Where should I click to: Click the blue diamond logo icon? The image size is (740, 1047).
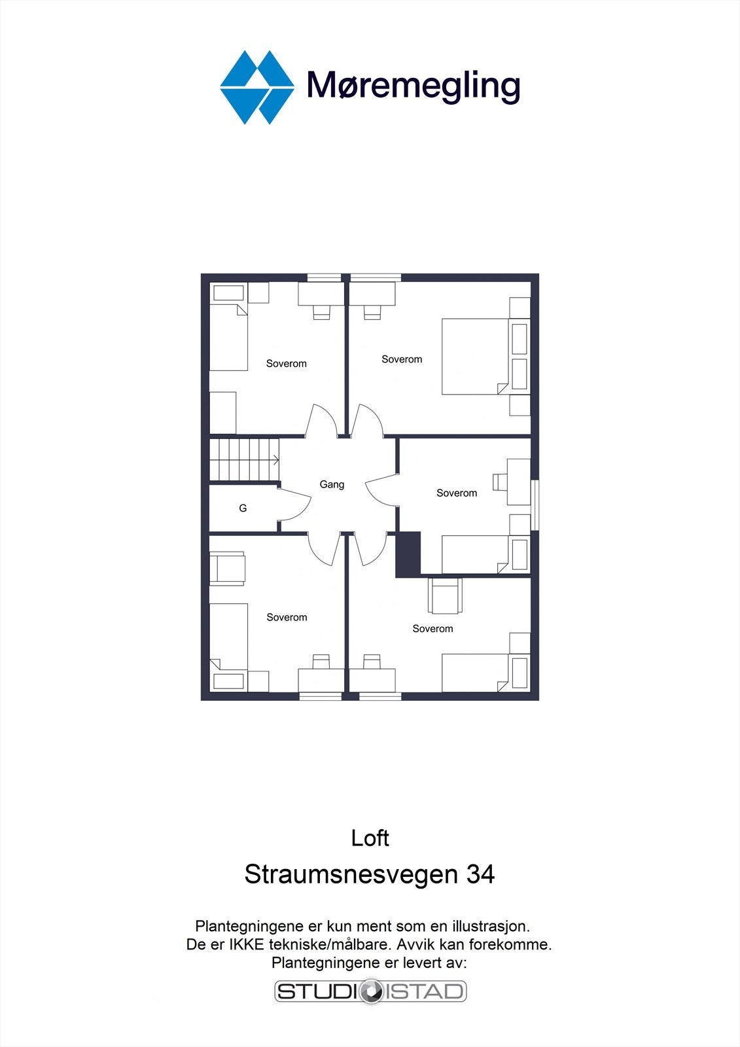click(x=256, y=87)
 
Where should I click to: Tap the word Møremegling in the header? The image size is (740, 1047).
click(x=414, y=86)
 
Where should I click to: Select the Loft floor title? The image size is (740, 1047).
click(x=370, y=838)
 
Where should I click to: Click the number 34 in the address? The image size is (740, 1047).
click(x=480, y=874)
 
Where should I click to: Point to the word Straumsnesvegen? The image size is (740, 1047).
click(x=351, y=874)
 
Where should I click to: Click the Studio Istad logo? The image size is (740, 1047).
click(x=370, y=991)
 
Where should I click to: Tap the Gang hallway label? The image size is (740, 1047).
click(x=332, y=485)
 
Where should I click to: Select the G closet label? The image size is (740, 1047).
click(x=243, y=508)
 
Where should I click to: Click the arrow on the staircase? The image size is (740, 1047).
click(x=275, y=460)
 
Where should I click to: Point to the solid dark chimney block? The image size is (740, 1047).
click(x=408, y=554)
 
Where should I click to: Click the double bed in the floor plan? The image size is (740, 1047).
click(x=475, y=357)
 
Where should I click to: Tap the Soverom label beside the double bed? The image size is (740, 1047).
click(x=402, y=359)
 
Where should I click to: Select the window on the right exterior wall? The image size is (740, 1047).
click(x=535, y=505)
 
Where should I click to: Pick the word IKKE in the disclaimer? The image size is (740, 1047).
click(x=246, y=945)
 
